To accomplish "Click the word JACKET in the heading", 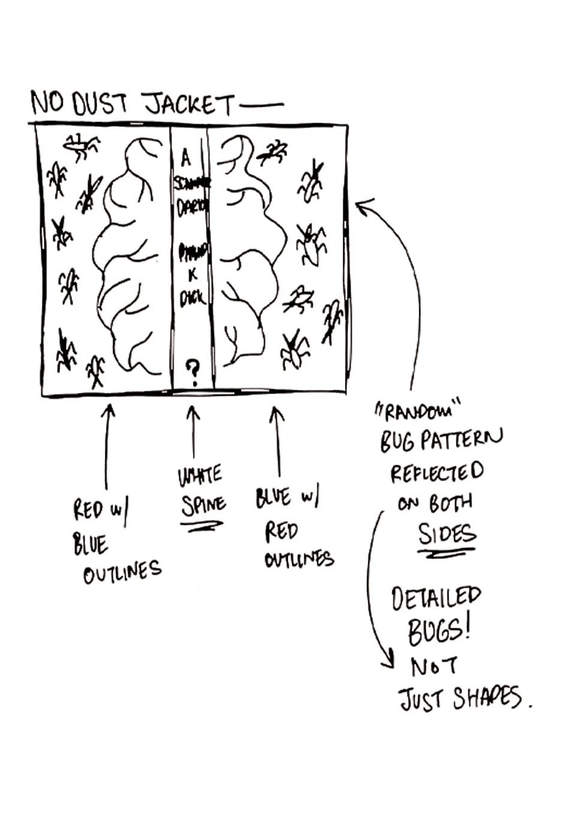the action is pos(188,105).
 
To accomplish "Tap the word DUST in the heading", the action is pos(99,104).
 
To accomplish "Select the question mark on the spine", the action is pos(192,371).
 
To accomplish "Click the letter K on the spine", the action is pos(192,276).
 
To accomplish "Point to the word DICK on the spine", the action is pos(192,297).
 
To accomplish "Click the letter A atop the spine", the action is pos(186,158).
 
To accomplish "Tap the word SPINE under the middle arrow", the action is pos(203,505).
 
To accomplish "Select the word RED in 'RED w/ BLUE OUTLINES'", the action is pos(88,510).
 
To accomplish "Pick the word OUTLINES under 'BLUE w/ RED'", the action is pos(298,559).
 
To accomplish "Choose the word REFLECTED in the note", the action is pos(437,473).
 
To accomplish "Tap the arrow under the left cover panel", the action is pos(108,443).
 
